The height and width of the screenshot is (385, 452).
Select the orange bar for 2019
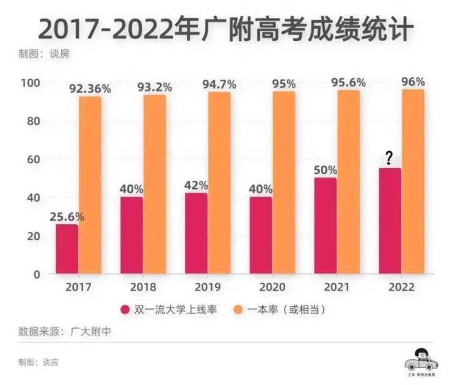(x=219, y=183)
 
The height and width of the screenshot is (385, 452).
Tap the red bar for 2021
(x=325, y=226)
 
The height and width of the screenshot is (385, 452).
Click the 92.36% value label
(x=90, y=89)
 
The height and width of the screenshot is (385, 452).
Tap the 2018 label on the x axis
(x=143, y=287)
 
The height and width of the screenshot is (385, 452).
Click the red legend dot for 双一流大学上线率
(x=125, y=310)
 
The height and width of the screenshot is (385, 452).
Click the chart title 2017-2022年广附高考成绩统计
(x=225, y=29)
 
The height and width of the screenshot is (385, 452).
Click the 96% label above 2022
(x=414, y=82)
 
